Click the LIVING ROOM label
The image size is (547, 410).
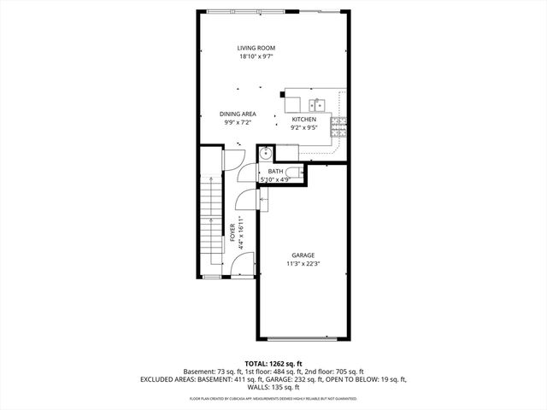click(256, 48)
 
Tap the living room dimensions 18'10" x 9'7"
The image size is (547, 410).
click(256, 58)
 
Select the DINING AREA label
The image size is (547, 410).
click(238, 114)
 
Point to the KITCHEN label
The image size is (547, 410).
click(304, 119)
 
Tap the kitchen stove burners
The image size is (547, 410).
click(339, 127)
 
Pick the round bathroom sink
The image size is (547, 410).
click(267, 154)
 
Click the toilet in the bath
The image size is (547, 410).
click(292, 171)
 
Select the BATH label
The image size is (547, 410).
click(275, 172)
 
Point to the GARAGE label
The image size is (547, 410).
click(303, 255)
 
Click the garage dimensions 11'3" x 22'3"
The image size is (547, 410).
click(303, 264)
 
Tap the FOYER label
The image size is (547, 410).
click(232, 233)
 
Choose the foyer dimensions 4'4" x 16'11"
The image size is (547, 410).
click(242, 232)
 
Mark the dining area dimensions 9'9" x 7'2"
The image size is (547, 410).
click(238, 123)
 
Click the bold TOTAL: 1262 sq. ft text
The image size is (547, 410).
click(273, 364)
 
